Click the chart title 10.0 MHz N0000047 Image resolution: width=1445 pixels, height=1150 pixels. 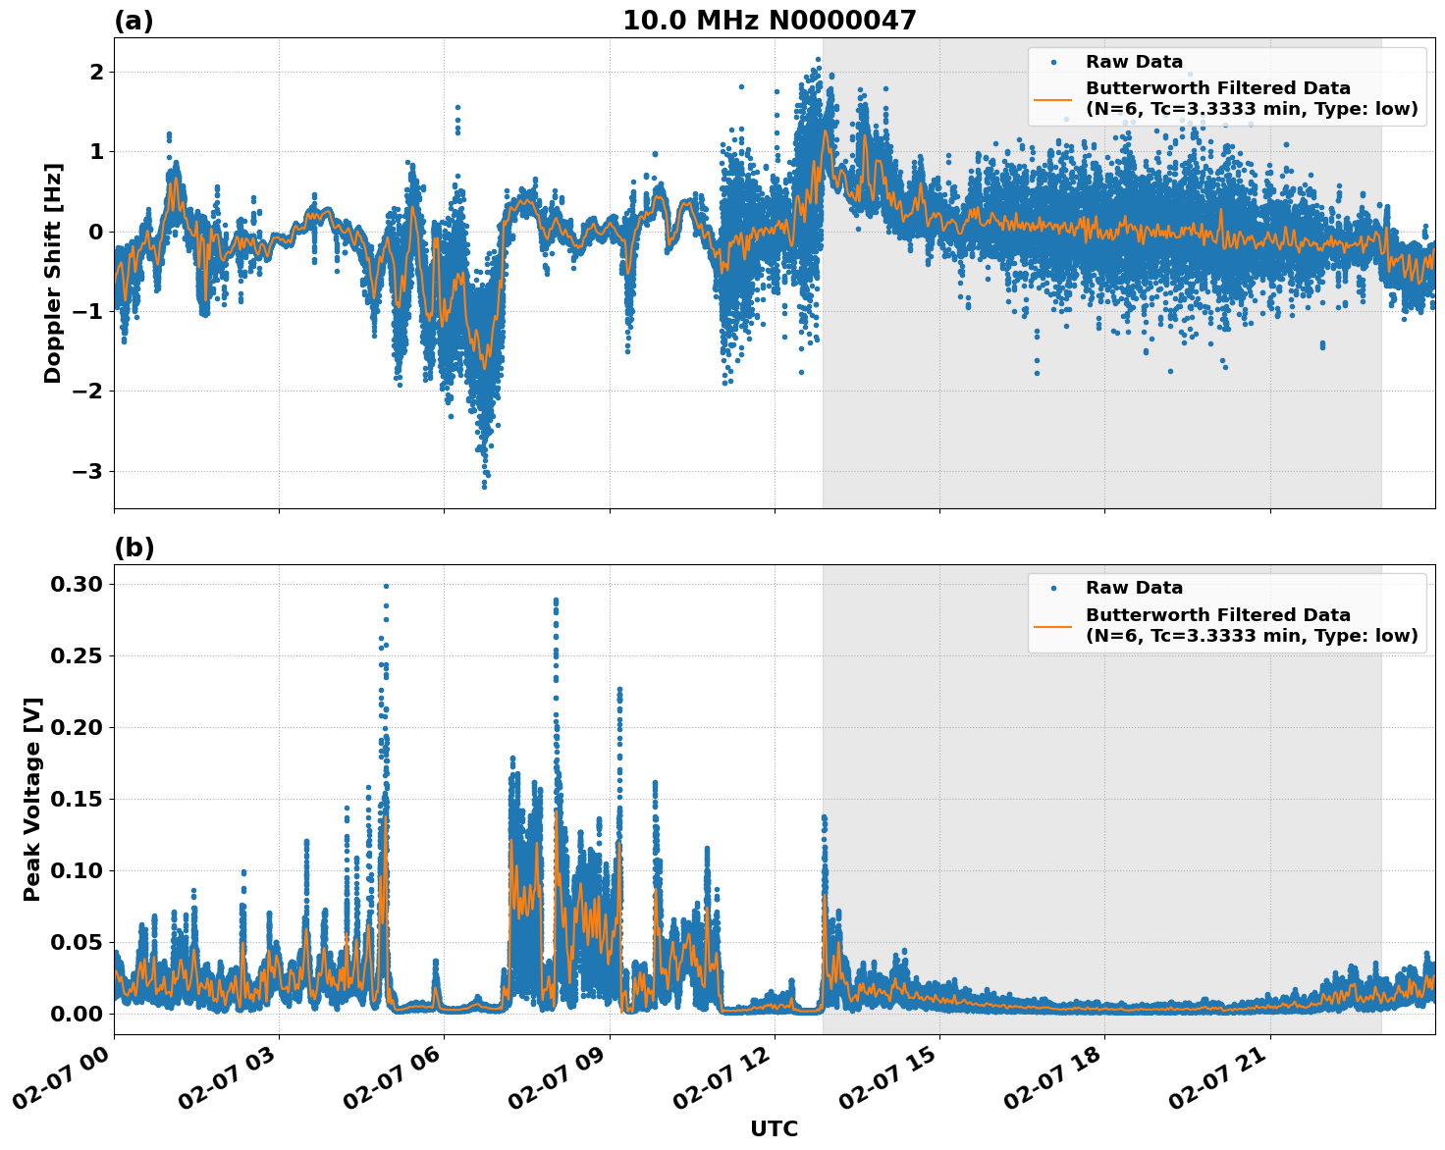click(769, 21)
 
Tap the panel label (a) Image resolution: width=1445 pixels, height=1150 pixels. click(134, 21)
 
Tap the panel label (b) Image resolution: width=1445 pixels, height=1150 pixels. click(134, 548)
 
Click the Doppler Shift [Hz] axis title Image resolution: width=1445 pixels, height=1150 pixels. click(53, 273)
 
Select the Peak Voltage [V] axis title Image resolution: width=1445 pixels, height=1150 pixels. click(32, 799)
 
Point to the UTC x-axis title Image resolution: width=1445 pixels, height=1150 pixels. click(774, 1128)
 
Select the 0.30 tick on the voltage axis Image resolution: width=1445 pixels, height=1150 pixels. click(76, 585)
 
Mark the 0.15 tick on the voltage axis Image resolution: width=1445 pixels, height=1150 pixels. click(76, 799)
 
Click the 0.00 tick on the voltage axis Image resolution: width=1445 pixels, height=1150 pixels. click(76, 1014)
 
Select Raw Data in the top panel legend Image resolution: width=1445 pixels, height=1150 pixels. click(1134, 62)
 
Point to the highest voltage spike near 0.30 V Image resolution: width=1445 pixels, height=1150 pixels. click(386, 586)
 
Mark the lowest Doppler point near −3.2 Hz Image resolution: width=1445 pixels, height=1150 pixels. click(484, 486)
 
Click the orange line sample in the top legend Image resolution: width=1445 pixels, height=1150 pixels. click(1052, 99)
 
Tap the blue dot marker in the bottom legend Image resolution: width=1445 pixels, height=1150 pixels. click(1052, 588)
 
